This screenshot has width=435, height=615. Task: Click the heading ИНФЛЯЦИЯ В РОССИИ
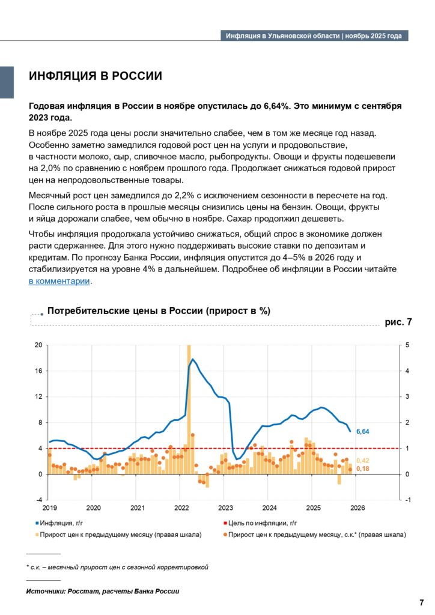tap(96, 76)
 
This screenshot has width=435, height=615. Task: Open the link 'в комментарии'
tap(59, 281)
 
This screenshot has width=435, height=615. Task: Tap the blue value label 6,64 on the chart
tap(362, 432)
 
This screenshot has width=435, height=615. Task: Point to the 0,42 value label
tap(362, 461)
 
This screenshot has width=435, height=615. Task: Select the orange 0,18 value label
tap(362, 468)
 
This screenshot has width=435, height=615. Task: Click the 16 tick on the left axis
tap(38, 371)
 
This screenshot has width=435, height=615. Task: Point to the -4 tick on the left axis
tap(38, 500)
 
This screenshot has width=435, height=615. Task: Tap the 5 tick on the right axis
tap(407, 345)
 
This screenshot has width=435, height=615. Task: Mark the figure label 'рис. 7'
tap(398, 323)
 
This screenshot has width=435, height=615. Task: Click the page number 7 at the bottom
tap(421, 602)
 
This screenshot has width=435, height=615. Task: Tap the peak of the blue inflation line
tap(192, 359)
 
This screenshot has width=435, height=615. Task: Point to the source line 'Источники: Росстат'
tap(102, 592)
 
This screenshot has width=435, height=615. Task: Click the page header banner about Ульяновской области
tap(314, 36)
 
